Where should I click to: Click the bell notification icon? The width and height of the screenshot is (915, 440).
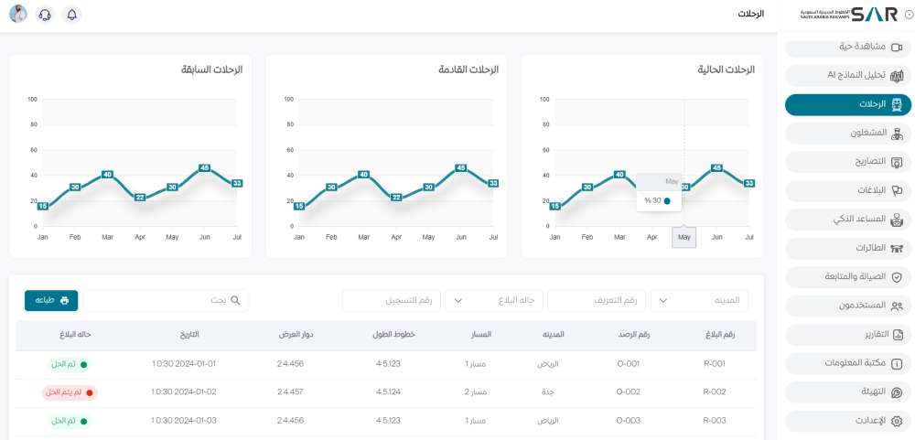72,15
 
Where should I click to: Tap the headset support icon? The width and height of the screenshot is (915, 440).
45,15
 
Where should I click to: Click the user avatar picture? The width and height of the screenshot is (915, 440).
18,15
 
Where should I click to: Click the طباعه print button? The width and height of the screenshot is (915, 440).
51,300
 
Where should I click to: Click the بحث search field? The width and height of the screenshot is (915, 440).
166,300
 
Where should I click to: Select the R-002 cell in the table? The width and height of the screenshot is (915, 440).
714,392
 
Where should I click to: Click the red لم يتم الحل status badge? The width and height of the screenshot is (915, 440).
70,392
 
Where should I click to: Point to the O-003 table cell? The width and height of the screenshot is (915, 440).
627,421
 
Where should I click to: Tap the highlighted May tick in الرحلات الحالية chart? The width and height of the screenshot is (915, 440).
684,237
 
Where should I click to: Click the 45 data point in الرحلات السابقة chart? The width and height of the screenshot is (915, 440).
205,168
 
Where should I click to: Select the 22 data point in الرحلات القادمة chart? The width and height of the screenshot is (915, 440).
396,197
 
